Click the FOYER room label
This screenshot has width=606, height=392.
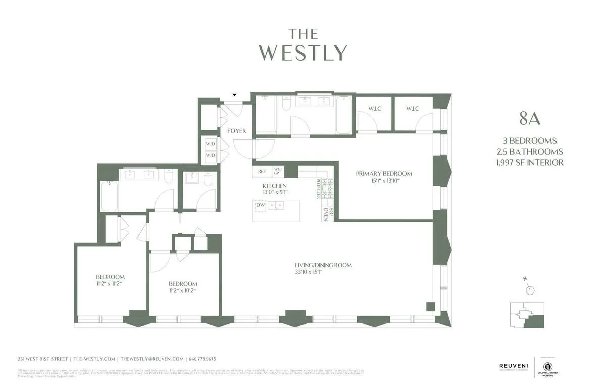point(236,131)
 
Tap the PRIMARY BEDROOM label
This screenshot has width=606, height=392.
point(384,173)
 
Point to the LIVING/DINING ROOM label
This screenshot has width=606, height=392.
point(323,265)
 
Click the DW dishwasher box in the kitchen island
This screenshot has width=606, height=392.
point(260,205)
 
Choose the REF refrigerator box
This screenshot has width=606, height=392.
point(262,172)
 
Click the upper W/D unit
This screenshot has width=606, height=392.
point(210,144)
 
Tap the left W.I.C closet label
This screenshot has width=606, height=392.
point(374,109)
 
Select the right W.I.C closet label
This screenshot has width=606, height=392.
point(412,109)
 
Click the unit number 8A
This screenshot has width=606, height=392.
point(530,119)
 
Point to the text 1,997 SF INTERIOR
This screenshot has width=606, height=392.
point(530,162)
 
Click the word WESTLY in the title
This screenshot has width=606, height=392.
point(303,53)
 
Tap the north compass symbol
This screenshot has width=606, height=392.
point(529,289)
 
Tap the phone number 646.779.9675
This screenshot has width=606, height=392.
point(203,359)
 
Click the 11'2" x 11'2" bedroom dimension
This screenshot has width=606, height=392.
point(110,283)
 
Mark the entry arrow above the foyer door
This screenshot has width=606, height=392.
point(234,95)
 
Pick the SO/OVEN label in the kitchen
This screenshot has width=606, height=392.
point(326,214)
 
